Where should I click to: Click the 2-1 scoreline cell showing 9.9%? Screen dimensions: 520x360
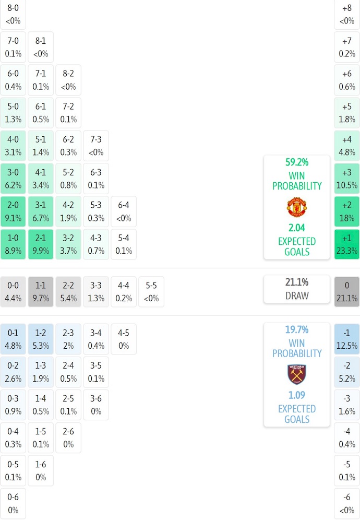[x=41, y=244]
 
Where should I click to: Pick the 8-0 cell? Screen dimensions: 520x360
[x=13, y=15]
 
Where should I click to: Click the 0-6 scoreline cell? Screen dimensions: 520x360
[x=13, y=503]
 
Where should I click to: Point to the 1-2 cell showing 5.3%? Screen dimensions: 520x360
[x=41, y=339]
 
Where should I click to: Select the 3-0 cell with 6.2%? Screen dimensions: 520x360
[x=13, y=179]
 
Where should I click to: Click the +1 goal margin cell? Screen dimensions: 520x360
[x=347, y=244]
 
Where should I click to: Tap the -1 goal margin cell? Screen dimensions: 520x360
[x=347, y=339]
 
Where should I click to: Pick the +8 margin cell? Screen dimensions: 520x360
[x=347, y=15]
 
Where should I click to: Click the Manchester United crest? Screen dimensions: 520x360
[x=296, y=207]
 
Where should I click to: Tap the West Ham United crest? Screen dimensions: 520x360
[x=296, y=374]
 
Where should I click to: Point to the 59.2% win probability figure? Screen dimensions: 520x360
[x=296, y=162]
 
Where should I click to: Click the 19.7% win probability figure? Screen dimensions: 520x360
[x=296, y=329]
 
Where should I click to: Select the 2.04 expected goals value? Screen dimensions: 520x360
[x=296, y=228]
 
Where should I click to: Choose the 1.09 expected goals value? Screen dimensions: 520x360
[x=296, y=395]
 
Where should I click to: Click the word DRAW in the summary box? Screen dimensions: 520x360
[x=296, y=296]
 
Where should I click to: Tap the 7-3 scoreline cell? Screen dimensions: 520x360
[x=96, y=146]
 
